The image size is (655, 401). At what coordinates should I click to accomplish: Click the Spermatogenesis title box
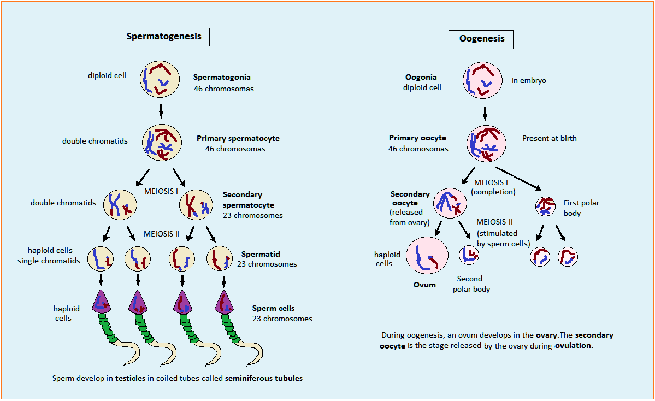click(x=164, y=37)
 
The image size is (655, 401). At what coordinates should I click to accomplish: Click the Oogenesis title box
click(x=481, y=39)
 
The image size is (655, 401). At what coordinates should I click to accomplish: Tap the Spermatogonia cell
click(x=160, y=79)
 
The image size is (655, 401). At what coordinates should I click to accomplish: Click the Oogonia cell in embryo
click(x=482, y=80)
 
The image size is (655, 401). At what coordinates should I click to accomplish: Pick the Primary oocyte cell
click(x=486, y=143)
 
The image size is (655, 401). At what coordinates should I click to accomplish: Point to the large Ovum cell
click(x=427, y=257)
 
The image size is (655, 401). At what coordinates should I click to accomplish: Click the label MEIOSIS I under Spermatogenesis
click(x=162, y=192)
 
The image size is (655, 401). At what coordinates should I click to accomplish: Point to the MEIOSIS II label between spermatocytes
click(x=162, y=234)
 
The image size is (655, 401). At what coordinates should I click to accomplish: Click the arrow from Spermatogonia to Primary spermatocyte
click(x=161, y=110)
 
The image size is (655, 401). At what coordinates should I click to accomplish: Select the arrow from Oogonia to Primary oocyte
click(x=485, y=113)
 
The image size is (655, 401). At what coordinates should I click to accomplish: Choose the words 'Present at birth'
click(x=549, y=138)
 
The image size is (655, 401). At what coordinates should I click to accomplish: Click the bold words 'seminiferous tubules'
click(x=263, y=378)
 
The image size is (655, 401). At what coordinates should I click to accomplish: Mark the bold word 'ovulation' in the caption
click(x=574, y=346)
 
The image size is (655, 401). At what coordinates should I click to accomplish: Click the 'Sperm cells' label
click(x=273, y=308)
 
